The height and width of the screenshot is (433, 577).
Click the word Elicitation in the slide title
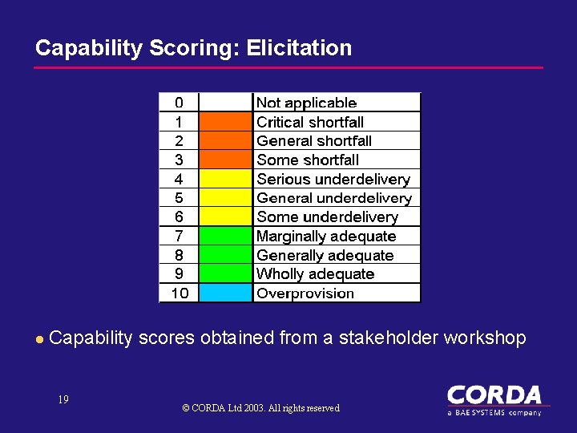coord(299,48)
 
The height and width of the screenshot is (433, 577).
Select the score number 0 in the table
coord(179,103)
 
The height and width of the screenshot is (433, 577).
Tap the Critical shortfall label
coord(309,122)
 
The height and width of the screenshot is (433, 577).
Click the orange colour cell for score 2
coord(224,141)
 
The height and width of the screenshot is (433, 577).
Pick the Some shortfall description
coord(307,160)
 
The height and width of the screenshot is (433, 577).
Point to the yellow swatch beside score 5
coord(224,198)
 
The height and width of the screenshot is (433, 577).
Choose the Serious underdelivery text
coord(333,179)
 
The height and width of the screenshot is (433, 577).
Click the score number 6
coord(179,216)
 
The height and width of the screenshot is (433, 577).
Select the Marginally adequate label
coord(325,236)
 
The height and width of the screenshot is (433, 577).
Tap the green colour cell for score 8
coord(224,255)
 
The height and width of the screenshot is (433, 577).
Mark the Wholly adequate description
coord(315,274)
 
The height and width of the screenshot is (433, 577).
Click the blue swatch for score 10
coord(224,293)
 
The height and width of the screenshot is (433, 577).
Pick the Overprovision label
coord(305,293)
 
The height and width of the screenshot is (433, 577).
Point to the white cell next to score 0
coord(224,103)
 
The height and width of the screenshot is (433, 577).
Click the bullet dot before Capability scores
coord(38,339)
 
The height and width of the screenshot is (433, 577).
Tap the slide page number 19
coord(63,399)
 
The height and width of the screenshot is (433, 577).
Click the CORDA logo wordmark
coord(494,395)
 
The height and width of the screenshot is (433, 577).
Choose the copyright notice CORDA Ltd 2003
coord(260,408)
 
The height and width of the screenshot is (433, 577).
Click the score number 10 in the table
coord(180,293)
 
